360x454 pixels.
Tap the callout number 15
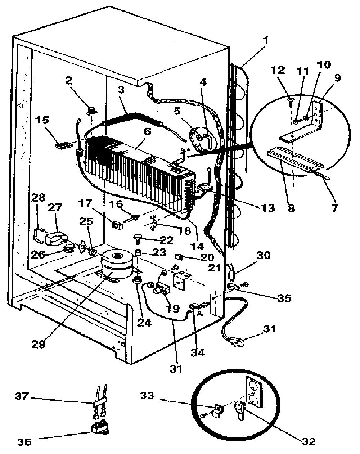tap(42, 121)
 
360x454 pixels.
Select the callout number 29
tap(39, 344)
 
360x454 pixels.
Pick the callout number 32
tap(308, 441)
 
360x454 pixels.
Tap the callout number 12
tap(278, 70)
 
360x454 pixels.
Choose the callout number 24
tap(144, 322)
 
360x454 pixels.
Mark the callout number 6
tap(147, 132)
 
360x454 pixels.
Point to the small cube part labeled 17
tap(117, 225)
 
